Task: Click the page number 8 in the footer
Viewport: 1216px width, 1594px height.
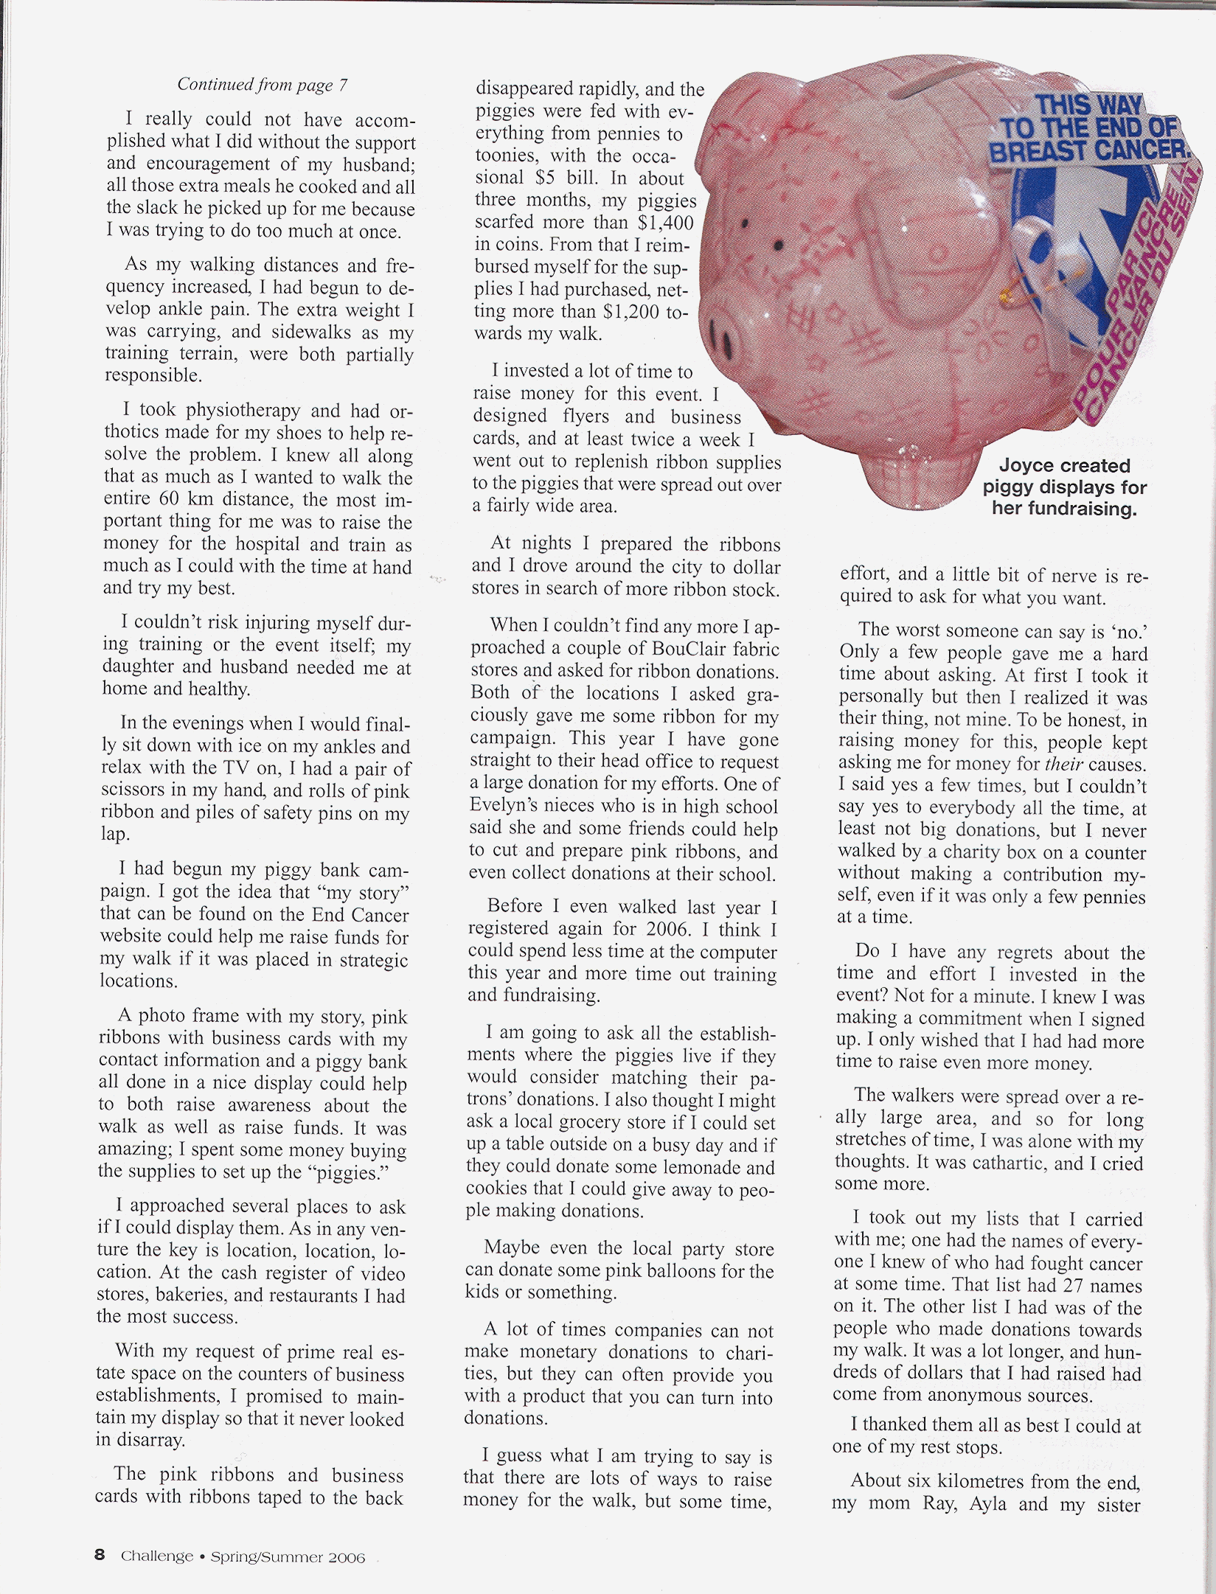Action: point(100,1556)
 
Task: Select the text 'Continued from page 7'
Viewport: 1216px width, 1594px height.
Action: point(262,85)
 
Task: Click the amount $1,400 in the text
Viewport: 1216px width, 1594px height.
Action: point(667,222)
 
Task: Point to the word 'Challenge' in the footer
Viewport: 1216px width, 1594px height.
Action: point(157,1556)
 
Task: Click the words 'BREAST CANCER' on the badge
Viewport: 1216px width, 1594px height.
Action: point(1089,151)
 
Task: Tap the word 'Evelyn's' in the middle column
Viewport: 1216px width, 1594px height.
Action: point(501,806)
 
